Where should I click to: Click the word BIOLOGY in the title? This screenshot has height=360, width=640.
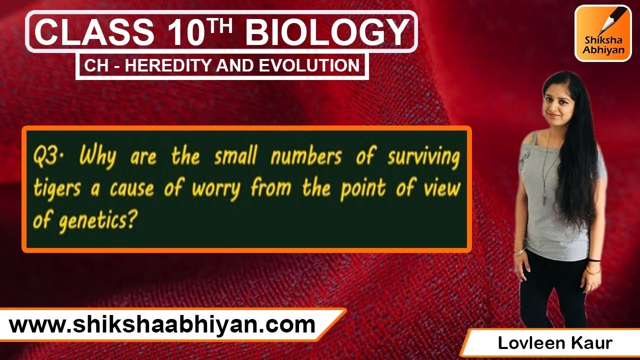(x=327, y=32)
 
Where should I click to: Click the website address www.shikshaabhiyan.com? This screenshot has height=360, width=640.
(x=162, y=325)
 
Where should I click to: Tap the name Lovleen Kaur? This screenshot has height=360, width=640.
(x=554, y=343)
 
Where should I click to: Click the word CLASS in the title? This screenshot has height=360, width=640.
(x=93, y=32)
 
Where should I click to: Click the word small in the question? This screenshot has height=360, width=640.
(x=234, y=157)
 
